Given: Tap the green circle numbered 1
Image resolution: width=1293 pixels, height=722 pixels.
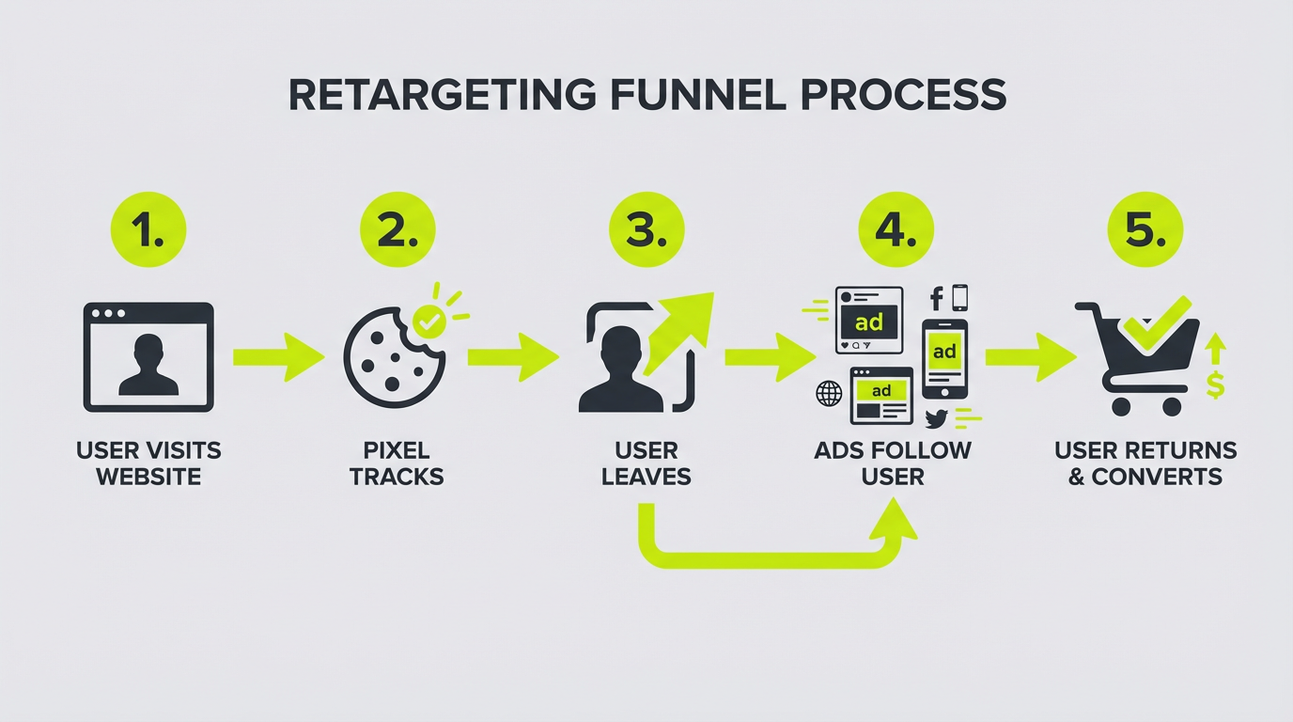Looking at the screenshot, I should tap(148, 230).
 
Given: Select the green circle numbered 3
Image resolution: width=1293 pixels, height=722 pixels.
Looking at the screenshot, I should tap(646, 230).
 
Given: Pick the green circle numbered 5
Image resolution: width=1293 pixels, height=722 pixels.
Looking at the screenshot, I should tap(1145, 230).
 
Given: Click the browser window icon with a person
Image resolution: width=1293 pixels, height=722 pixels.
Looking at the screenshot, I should tap(148, 357).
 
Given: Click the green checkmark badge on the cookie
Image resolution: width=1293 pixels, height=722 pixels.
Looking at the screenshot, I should tap(429, 322).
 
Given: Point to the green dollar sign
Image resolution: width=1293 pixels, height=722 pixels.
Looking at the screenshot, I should tap(1216, 385).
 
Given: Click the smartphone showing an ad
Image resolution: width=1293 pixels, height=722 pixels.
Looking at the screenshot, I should tap(944, 358).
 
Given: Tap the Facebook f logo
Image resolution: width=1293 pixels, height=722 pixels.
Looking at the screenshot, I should tap(936, 299).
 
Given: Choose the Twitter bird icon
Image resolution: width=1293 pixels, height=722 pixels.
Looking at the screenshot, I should tap(936, 418).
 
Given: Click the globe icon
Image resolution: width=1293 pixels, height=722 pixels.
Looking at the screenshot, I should tap(829, 394).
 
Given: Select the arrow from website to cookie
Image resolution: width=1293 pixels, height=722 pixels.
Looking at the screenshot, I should tap(278, 357).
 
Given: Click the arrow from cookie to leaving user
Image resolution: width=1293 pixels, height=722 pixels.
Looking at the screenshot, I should tap(513, 357).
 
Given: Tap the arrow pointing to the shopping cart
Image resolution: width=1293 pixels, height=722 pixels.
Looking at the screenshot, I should tap(1030, 357).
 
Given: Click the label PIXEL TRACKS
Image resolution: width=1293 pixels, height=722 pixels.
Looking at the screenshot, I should tap(397, 463).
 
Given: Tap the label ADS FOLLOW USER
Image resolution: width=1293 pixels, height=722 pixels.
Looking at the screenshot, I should tap(893, 463).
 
